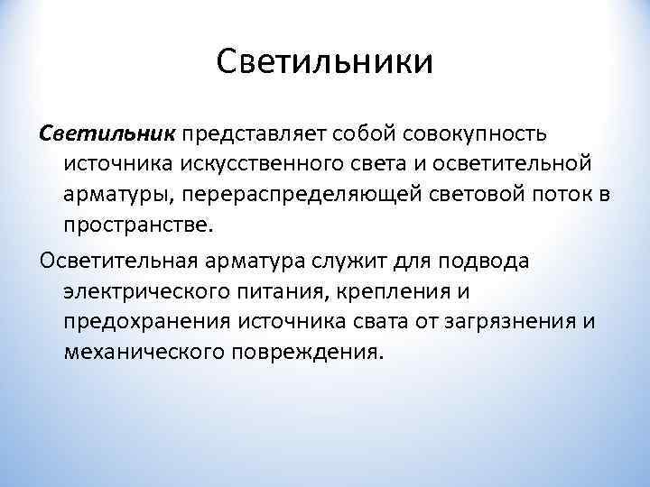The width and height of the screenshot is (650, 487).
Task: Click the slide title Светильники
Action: (325, 63)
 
